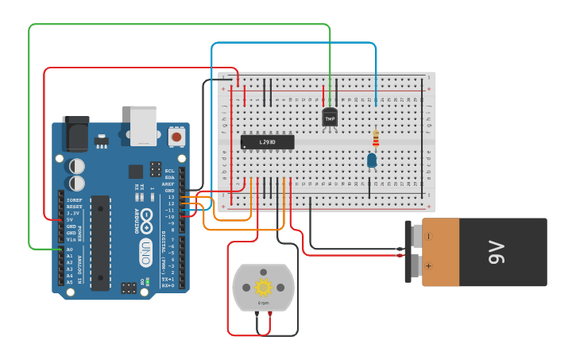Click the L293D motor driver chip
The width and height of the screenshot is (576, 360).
pos(267,142)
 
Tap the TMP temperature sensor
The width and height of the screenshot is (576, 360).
pos(330,118)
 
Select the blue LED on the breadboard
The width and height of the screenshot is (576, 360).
pos(371,161)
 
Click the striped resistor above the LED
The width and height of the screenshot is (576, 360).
pos(376,140)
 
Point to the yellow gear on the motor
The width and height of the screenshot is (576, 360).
pos(263,287)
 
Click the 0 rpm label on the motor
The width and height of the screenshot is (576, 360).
pos(263,303)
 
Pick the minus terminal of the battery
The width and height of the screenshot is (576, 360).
pos(429,236)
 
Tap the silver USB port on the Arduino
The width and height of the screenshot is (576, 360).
pos(144,126)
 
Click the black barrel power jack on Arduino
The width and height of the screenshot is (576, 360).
pos(76,133)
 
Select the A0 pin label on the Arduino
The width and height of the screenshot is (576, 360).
pos(69,250)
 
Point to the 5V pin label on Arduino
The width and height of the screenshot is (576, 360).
pos(72,219)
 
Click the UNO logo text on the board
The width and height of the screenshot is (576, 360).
pos(145,253)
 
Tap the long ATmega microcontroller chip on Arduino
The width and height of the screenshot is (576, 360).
pos(100,242)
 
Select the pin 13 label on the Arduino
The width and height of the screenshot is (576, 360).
pos(171,197)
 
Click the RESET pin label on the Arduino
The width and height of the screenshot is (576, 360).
pos(74,207)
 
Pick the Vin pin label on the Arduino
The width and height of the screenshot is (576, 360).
pos(71,238)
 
